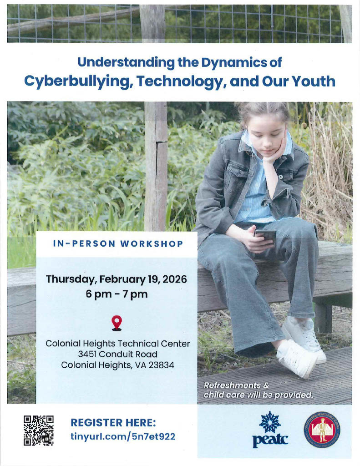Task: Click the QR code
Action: (x=39, y=430)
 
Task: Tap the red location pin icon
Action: (x=117, y=322)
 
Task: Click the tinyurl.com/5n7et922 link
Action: (x=122, y=437)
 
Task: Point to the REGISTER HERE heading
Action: (x=113, y=422)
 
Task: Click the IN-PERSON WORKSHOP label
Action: (x=118, y=244)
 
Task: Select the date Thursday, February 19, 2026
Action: (x=117, y=279)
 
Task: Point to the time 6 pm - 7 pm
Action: (x=117, y=294)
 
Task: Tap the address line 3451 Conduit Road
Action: (x=117, y=354)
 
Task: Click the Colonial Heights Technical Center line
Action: (x=117, y=343)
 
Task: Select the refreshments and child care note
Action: (x=258, y=390)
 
